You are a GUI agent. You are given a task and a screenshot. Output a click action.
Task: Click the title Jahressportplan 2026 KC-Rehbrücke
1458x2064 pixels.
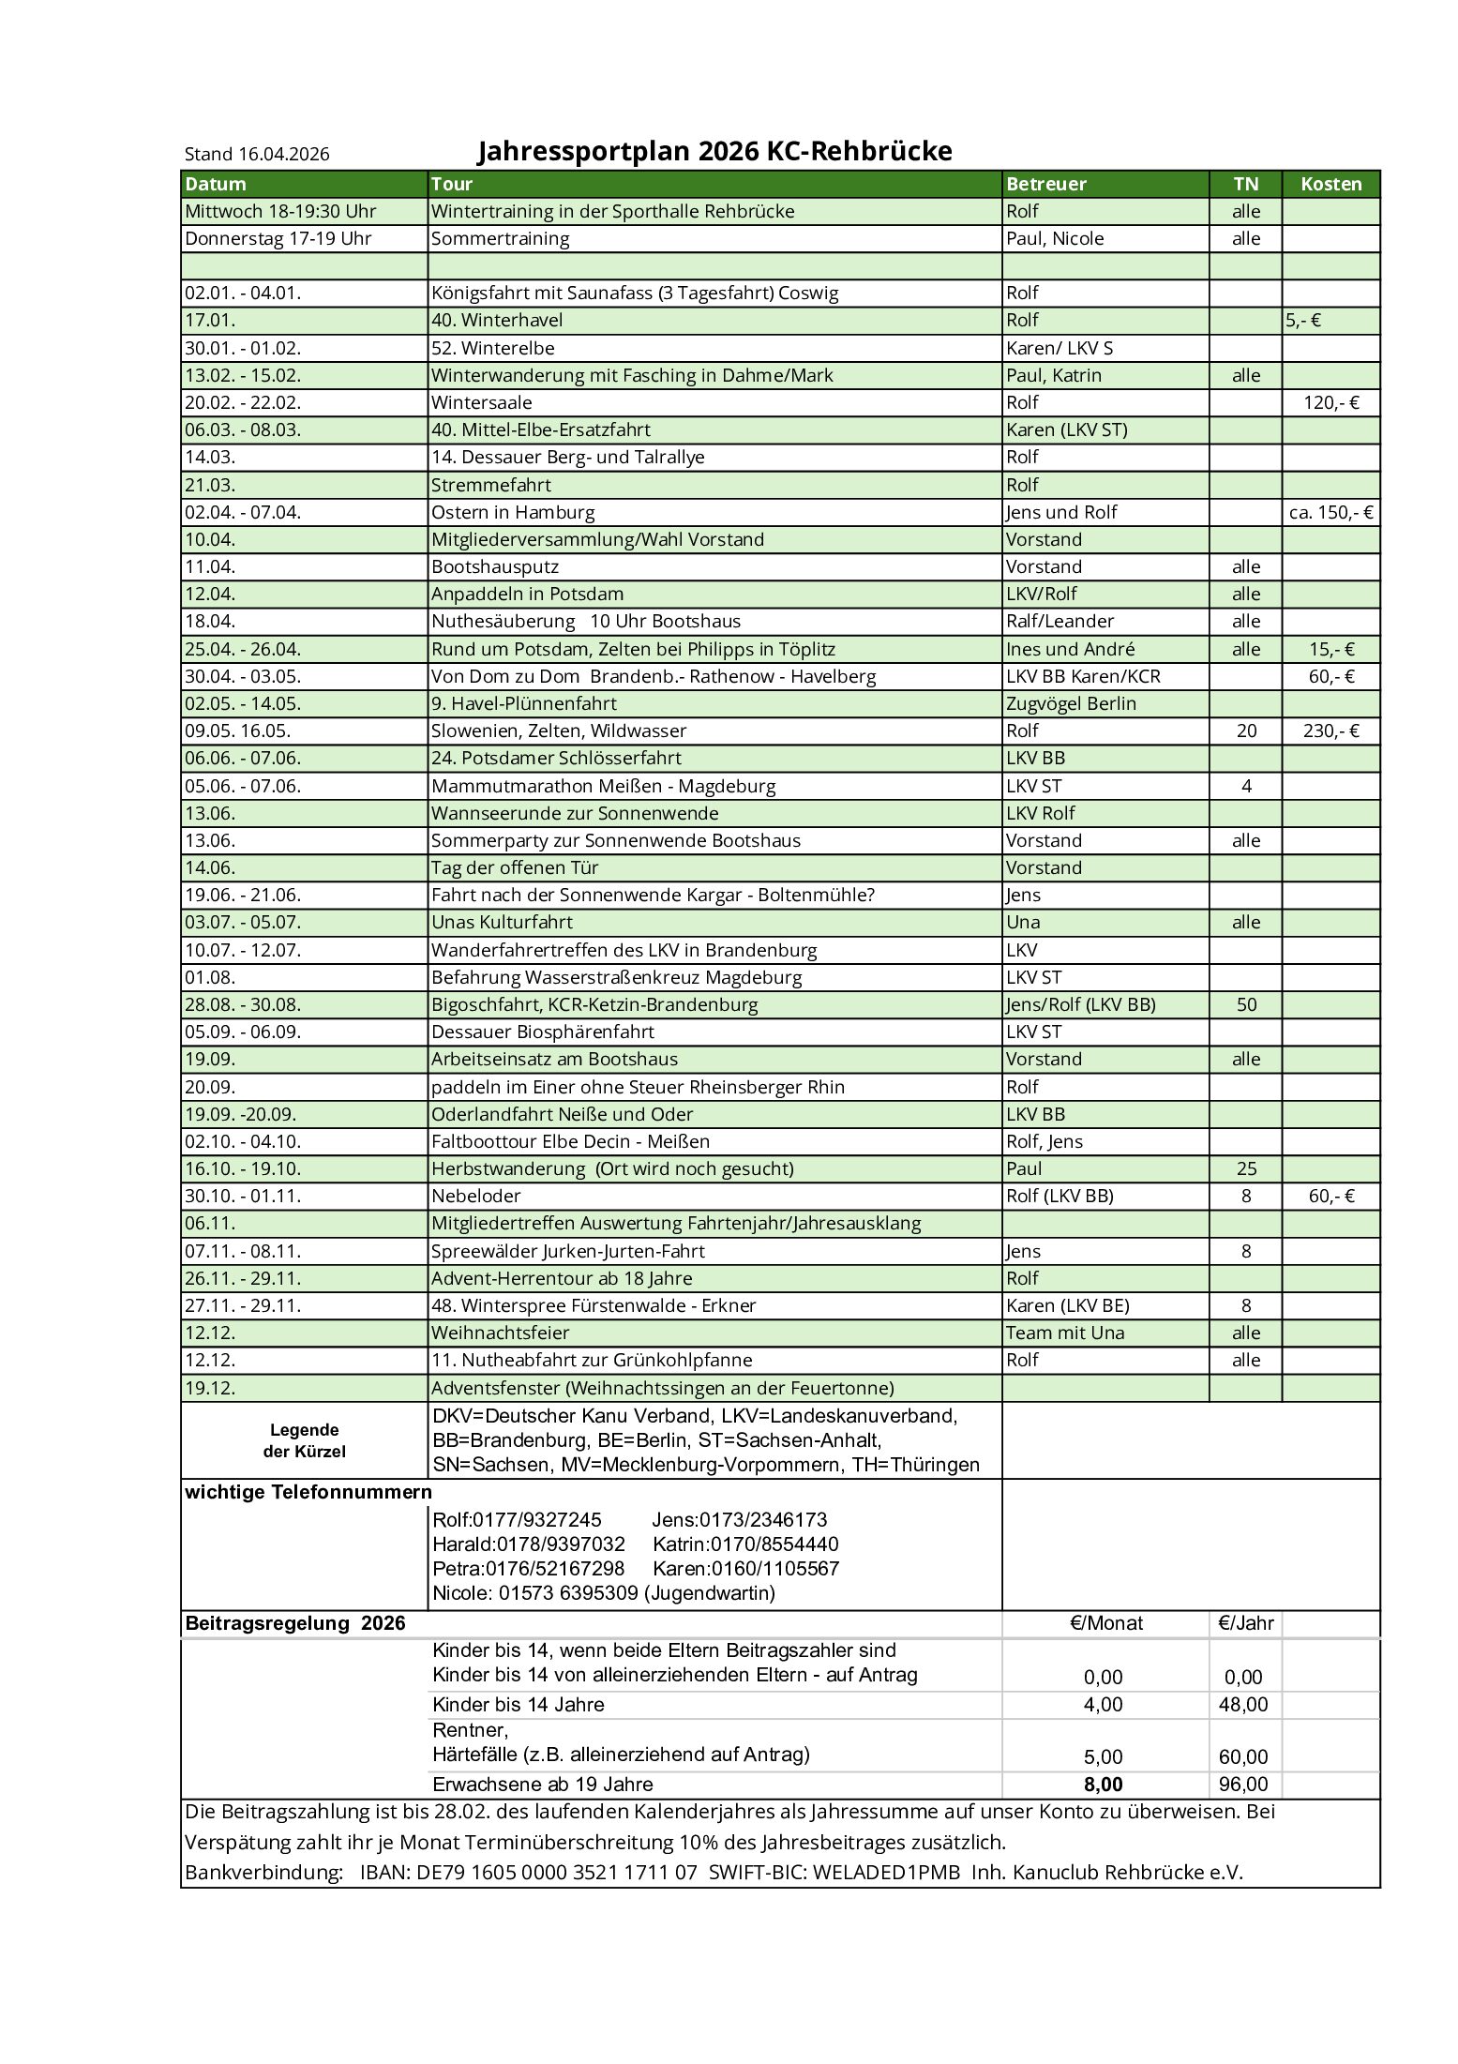point(714,151)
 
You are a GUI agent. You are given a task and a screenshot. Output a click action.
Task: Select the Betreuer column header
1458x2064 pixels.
point(1045,184)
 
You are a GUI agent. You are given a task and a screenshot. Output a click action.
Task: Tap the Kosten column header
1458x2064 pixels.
point(1330,184)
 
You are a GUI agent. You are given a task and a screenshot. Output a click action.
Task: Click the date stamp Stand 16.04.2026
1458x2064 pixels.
point(257,154)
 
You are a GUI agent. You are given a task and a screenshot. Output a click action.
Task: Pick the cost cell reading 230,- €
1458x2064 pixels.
point(1330,731)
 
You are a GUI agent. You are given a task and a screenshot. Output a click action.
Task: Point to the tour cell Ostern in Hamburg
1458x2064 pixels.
point(513,512)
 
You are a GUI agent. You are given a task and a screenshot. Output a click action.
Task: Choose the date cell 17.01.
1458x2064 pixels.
point(210,320)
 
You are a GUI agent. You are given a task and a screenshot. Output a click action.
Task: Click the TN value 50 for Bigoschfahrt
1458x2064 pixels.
point(1246,1004)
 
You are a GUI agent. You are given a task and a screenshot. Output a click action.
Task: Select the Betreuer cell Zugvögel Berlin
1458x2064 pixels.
point(1071,703)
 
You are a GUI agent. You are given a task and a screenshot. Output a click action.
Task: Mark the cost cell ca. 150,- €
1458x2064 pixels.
point(1330,512)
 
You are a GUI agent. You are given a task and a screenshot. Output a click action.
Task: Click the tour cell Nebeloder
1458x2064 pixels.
point(475,1196)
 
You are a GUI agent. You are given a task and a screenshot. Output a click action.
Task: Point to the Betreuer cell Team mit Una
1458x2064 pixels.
point(1065,1333)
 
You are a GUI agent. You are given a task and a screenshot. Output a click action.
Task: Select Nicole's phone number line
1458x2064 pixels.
point(604,1592)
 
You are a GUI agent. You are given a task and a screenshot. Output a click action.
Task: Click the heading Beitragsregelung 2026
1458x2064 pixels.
point(295,1623)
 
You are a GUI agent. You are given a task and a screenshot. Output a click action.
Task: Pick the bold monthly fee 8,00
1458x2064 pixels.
point(1103,1785)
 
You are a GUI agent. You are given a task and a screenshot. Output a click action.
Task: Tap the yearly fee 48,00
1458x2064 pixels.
point(1243,1704)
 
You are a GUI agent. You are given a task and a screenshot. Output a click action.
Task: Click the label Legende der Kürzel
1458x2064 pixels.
point(304,1440)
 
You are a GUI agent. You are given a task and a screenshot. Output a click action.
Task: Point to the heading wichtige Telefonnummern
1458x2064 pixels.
point(308,1492)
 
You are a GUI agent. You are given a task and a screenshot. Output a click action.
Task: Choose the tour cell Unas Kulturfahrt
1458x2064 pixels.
point(502,922)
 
